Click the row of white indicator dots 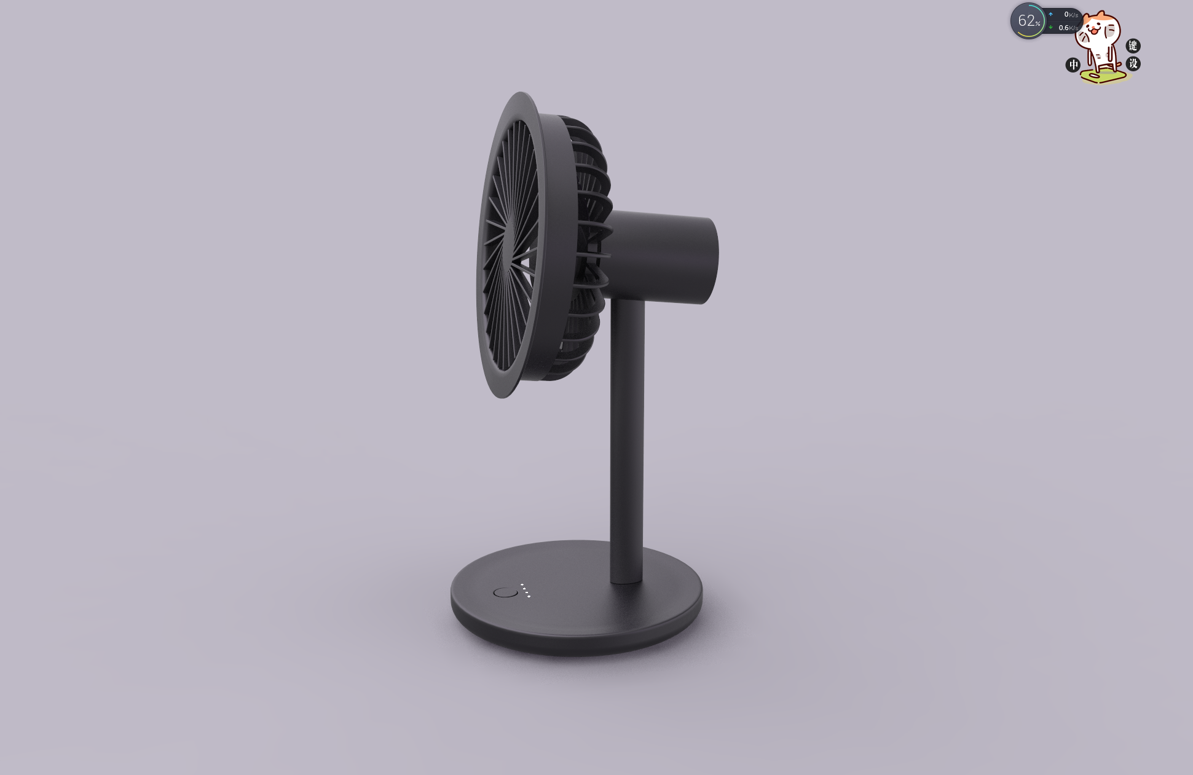tap(525, 590)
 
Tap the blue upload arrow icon tap(1050, 14)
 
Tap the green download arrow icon tap(1050, 27)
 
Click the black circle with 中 tap(1073, 65)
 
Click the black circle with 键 tap(1133, 45)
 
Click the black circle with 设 tap(1133, 63)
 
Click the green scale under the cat tap(1104, 77)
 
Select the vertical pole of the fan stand tap(627, 430)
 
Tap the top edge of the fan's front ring tap(521, 96)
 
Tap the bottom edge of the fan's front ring tap(502, 395)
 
